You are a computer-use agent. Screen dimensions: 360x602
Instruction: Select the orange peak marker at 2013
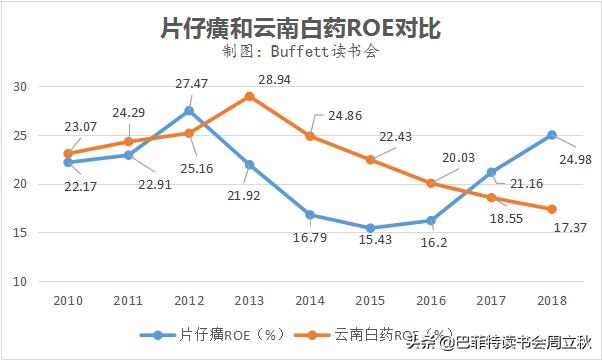(x=249, y=96)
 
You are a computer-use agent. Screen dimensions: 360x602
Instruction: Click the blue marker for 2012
(x=188, y=110)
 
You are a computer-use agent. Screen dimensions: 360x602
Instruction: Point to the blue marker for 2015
(x=370, y=228)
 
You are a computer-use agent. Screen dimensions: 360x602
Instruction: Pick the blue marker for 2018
(x=552, y=135)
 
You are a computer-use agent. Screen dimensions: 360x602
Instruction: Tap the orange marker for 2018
(x=552, y=209)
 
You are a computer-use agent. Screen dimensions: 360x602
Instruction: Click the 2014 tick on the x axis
(x=310, y=299)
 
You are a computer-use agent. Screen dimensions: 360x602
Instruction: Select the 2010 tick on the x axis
(x=67, y=299)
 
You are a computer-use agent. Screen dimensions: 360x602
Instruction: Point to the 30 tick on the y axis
(x=20, y=86)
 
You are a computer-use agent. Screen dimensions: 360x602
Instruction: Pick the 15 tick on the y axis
(x=20, y=232)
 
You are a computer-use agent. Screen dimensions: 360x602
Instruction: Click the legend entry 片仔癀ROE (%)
(x=210, y=334)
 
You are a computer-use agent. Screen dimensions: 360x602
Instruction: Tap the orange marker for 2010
(x=67, y=153)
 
